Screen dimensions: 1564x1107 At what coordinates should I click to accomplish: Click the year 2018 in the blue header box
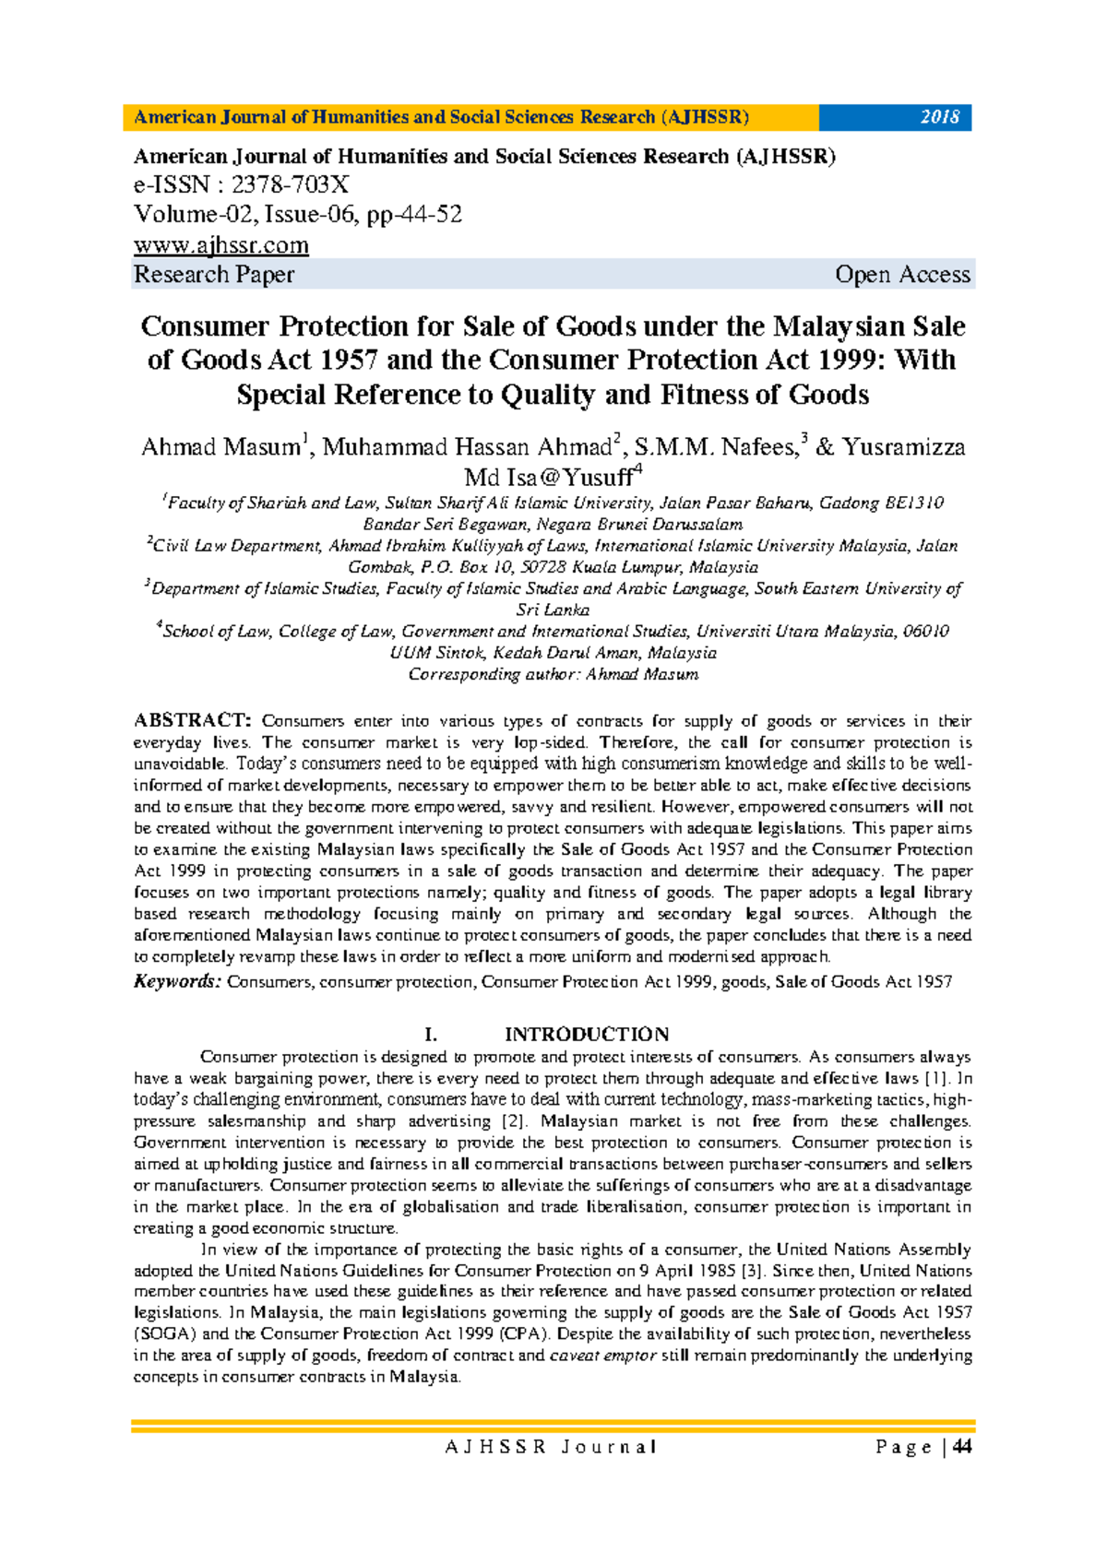(x=939, y=117)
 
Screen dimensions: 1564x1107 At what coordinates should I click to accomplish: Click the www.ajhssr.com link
(x=221, y=245)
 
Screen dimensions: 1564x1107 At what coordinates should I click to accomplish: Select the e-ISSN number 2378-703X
(x=290, y=184)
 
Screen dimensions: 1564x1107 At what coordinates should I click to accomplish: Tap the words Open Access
(x=901, y=275)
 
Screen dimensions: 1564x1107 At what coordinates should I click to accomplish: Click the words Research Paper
(x=214, y=275)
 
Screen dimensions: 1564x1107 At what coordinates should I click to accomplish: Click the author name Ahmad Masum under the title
(x=220, y=447)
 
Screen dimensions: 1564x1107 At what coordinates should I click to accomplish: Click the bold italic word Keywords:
(x=177, y=982)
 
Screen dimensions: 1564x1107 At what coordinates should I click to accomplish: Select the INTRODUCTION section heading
(x=587, y=1035)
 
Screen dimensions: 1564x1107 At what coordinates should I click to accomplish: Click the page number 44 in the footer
(x=962, y=1447)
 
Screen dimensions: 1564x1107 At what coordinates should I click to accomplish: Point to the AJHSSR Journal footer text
(x=551, y=1447)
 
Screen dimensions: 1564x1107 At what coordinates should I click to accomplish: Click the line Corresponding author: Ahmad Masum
(x=553, y=674)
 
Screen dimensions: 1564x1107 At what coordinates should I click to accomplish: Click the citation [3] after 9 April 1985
(x=755, y=1271)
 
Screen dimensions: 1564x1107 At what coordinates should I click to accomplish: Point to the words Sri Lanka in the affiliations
(x=553, y=610)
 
